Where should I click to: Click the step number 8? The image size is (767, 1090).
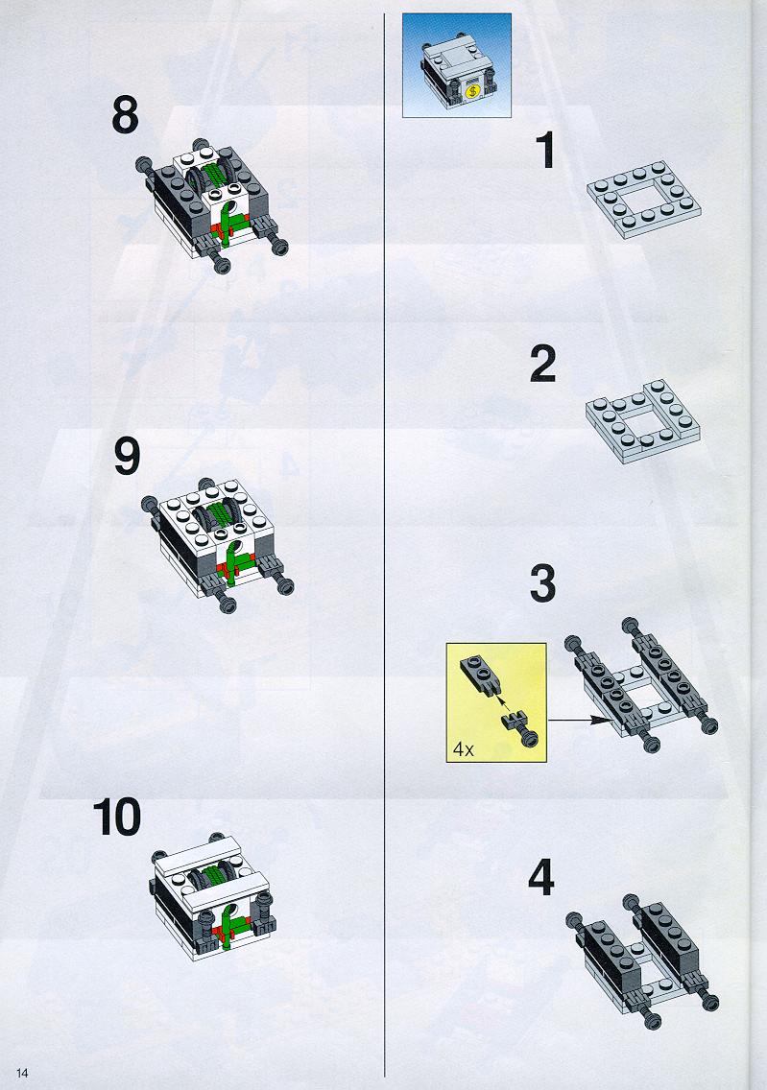(x=125, y=115)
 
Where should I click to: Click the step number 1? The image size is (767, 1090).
(x=545, y=150)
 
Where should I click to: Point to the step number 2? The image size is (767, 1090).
(x=543, y=365)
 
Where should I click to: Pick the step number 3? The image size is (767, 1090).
(x=543, y=584)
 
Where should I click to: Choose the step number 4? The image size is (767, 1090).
(x=541, y=877)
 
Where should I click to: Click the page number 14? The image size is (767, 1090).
(x=22, y=1074)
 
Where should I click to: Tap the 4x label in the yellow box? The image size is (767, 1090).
(x=463, y=748)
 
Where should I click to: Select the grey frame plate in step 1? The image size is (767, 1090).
(x=644, y=200)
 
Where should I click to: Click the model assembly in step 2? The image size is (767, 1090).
(x=643, y=421)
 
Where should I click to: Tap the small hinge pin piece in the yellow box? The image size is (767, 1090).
(x=518, y=729)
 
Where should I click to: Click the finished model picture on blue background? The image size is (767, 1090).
(x=457, y=65)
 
